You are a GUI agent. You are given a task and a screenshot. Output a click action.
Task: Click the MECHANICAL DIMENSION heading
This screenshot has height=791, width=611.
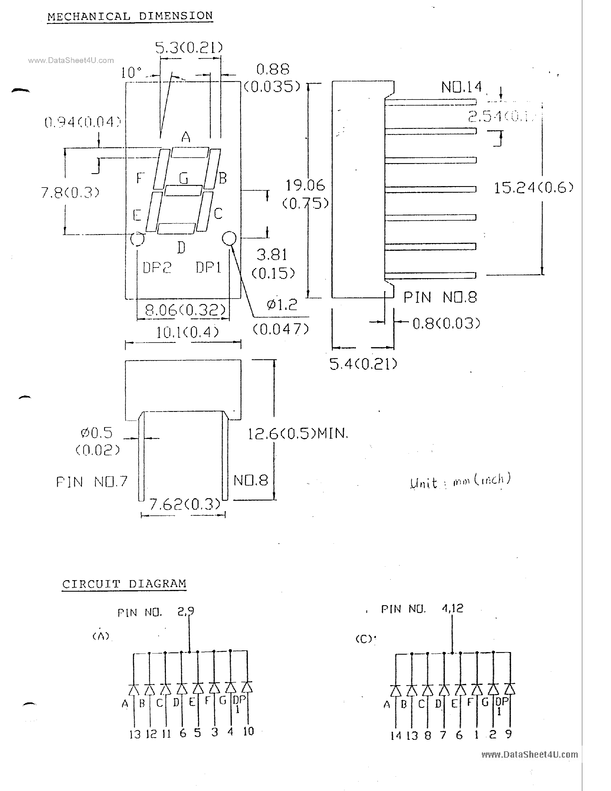[130, 16]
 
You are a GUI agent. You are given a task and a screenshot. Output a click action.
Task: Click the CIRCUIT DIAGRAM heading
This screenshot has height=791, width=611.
[124, 584]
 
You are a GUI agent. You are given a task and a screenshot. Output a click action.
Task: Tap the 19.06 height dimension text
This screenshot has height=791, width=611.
[305, 186]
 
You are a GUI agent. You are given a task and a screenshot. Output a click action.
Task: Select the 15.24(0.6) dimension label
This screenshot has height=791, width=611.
[534, 188]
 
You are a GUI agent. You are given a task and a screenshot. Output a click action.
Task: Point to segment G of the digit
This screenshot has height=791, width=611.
[183, 190]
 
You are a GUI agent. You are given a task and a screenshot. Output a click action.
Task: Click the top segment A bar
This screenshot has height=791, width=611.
[190, 152]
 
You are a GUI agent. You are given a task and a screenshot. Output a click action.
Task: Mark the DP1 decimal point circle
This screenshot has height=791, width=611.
[229, 238]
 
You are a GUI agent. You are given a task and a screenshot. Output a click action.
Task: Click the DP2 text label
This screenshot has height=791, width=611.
[157, 268]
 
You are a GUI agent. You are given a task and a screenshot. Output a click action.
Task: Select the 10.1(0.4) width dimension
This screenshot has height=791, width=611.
[187, 332]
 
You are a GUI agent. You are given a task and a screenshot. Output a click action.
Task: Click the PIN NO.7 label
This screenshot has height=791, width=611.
[91, 482]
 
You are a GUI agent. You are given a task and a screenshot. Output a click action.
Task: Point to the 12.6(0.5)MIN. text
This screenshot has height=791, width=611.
[298, 433]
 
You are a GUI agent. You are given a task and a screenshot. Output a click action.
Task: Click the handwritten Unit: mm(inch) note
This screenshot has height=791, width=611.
[460, 481]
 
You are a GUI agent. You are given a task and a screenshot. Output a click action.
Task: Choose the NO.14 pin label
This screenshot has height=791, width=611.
[461, 87]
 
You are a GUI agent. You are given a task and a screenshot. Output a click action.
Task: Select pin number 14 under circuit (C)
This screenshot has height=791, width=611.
[396, 735]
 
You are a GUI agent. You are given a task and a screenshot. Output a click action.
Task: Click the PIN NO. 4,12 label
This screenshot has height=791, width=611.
[422, 609]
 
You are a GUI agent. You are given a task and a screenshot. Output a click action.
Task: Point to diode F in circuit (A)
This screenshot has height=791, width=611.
[214, 687]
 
